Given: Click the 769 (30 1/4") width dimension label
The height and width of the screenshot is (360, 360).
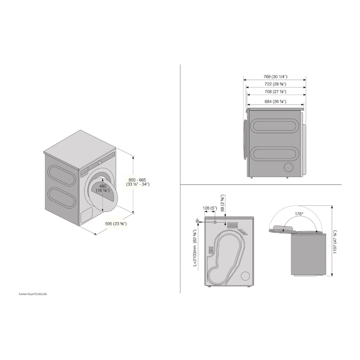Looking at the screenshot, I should click(275, 77).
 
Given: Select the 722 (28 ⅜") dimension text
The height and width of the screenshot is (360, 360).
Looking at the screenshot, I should click(275, 84).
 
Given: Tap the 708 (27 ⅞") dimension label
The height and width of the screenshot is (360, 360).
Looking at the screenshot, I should click(275, 91).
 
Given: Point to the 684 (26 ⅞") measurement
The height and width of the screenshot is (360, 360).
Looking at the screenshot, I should click(275, 102).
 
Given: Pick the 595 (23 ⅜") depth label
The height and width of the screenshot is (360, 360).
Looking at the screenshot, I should click(116, 224).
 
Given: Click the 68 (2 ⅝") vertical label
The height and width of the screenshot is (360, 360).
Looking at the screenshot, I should click(223, 203).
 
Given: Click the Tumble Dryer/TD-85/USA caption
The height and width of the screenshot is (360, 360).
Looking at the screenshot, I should click(33, 294).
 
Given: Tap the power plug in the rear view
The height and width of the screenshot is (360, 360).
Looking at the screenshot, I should click(197, 220).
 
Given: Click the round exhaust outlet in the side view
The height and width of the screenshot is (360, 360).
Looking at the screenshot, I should click(289, 167).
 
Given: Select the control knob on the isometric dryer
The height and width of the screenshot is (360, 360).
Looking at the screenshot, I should click(99, 163).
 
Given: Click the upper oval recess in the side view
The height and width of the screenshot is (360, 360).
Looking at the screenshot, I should click(275, 125).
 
